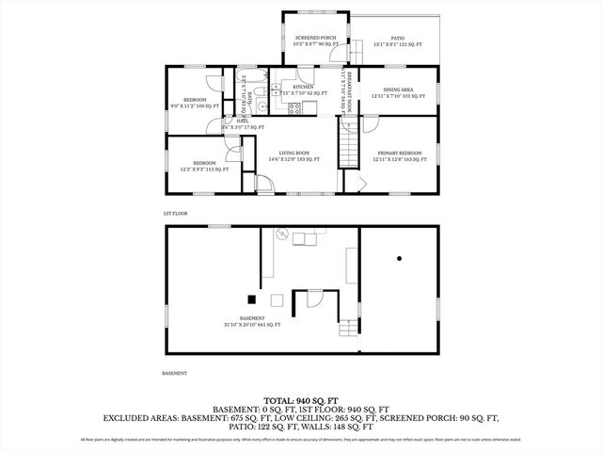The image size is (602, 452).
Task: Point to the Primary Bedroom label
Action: coord(400,155)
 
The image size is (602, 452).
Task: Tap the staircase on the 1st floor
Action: coord(349,149)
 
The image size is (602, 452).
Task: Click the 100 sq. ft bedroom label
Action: coord(195,103)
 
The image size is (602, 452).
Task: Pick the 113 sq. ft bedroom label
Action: coord(204,166)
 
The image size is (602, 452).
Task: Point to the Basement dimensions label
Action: coord(251,321)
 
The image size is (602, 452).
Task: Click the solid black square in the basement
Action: coord(251,299)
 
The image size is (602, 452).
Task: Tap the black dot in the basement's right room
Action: coord(399,257)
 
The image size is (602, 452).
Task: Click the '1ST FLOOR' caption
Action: coord(175,214)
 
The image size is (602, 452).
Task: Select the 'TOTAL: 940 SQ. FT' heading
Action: coord(301,400)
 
